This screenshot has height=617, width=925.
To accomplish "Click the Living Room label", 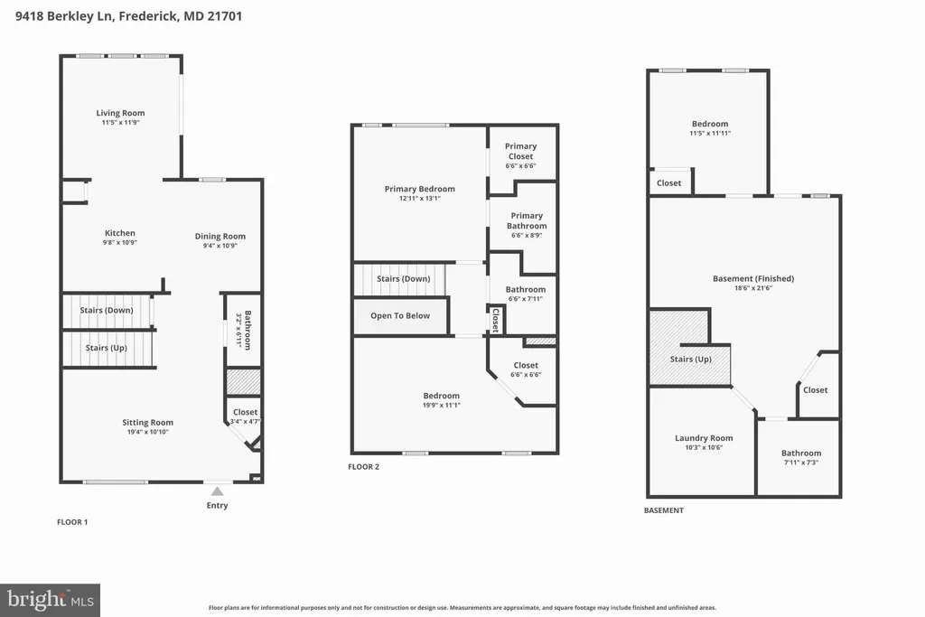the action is [x=120, y=113].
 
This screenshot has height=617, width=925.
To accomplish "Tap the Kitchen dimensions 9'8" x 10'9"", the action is [x=120, y=242].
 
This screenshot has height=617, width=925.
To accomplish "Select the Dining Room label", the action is [x=220, y=236].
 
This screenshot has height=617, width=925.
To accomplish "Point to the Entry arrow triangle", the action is [x=218, y=491].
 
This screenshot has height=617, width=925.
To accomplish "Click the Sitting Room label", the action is [x=147, y=423].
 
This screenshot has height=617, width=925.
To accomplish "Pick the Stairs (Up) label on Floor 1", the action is [x=107, y=348].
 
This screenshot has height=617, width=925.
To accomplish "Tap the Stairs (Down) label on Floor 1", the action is [x=107, y=310].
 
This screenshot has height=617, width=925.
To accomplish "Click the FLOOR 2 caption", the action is [x=363, y=466].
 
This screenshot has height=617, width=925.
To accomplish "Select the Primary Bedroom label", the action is [x=419, y=189].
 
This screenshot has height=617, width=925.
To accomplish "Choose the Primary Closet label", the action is [x=520, y=151].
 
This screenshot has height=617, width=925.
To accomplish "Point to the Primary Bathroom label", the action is [x=527, y=220].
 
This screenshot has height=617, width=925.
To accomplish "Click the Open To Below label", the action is [x=400, y=315].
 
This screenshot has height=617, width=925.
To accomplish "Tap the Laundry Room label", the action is [x=704, y=437].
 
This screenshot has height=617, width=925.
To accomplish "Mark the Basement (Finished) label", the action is [x=753, y=278].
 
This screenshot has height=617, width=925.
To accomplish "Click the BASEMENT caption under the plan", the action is [x=664, y=510].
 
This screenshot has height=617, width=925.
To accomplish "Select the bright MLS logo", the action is [x=51, y=601].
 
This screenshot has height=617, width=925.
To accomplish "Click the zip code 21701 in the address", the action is [x=224, y=16].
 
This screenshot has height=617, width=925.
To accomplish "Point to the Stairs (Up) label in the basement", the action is [x=691, y=360].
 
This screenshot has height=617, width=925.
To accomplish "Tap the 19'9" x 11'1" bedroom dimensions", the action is [x=441, y=406].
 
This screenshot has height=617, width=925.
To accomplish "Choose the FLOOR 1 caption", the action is [x=72, y=522].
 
